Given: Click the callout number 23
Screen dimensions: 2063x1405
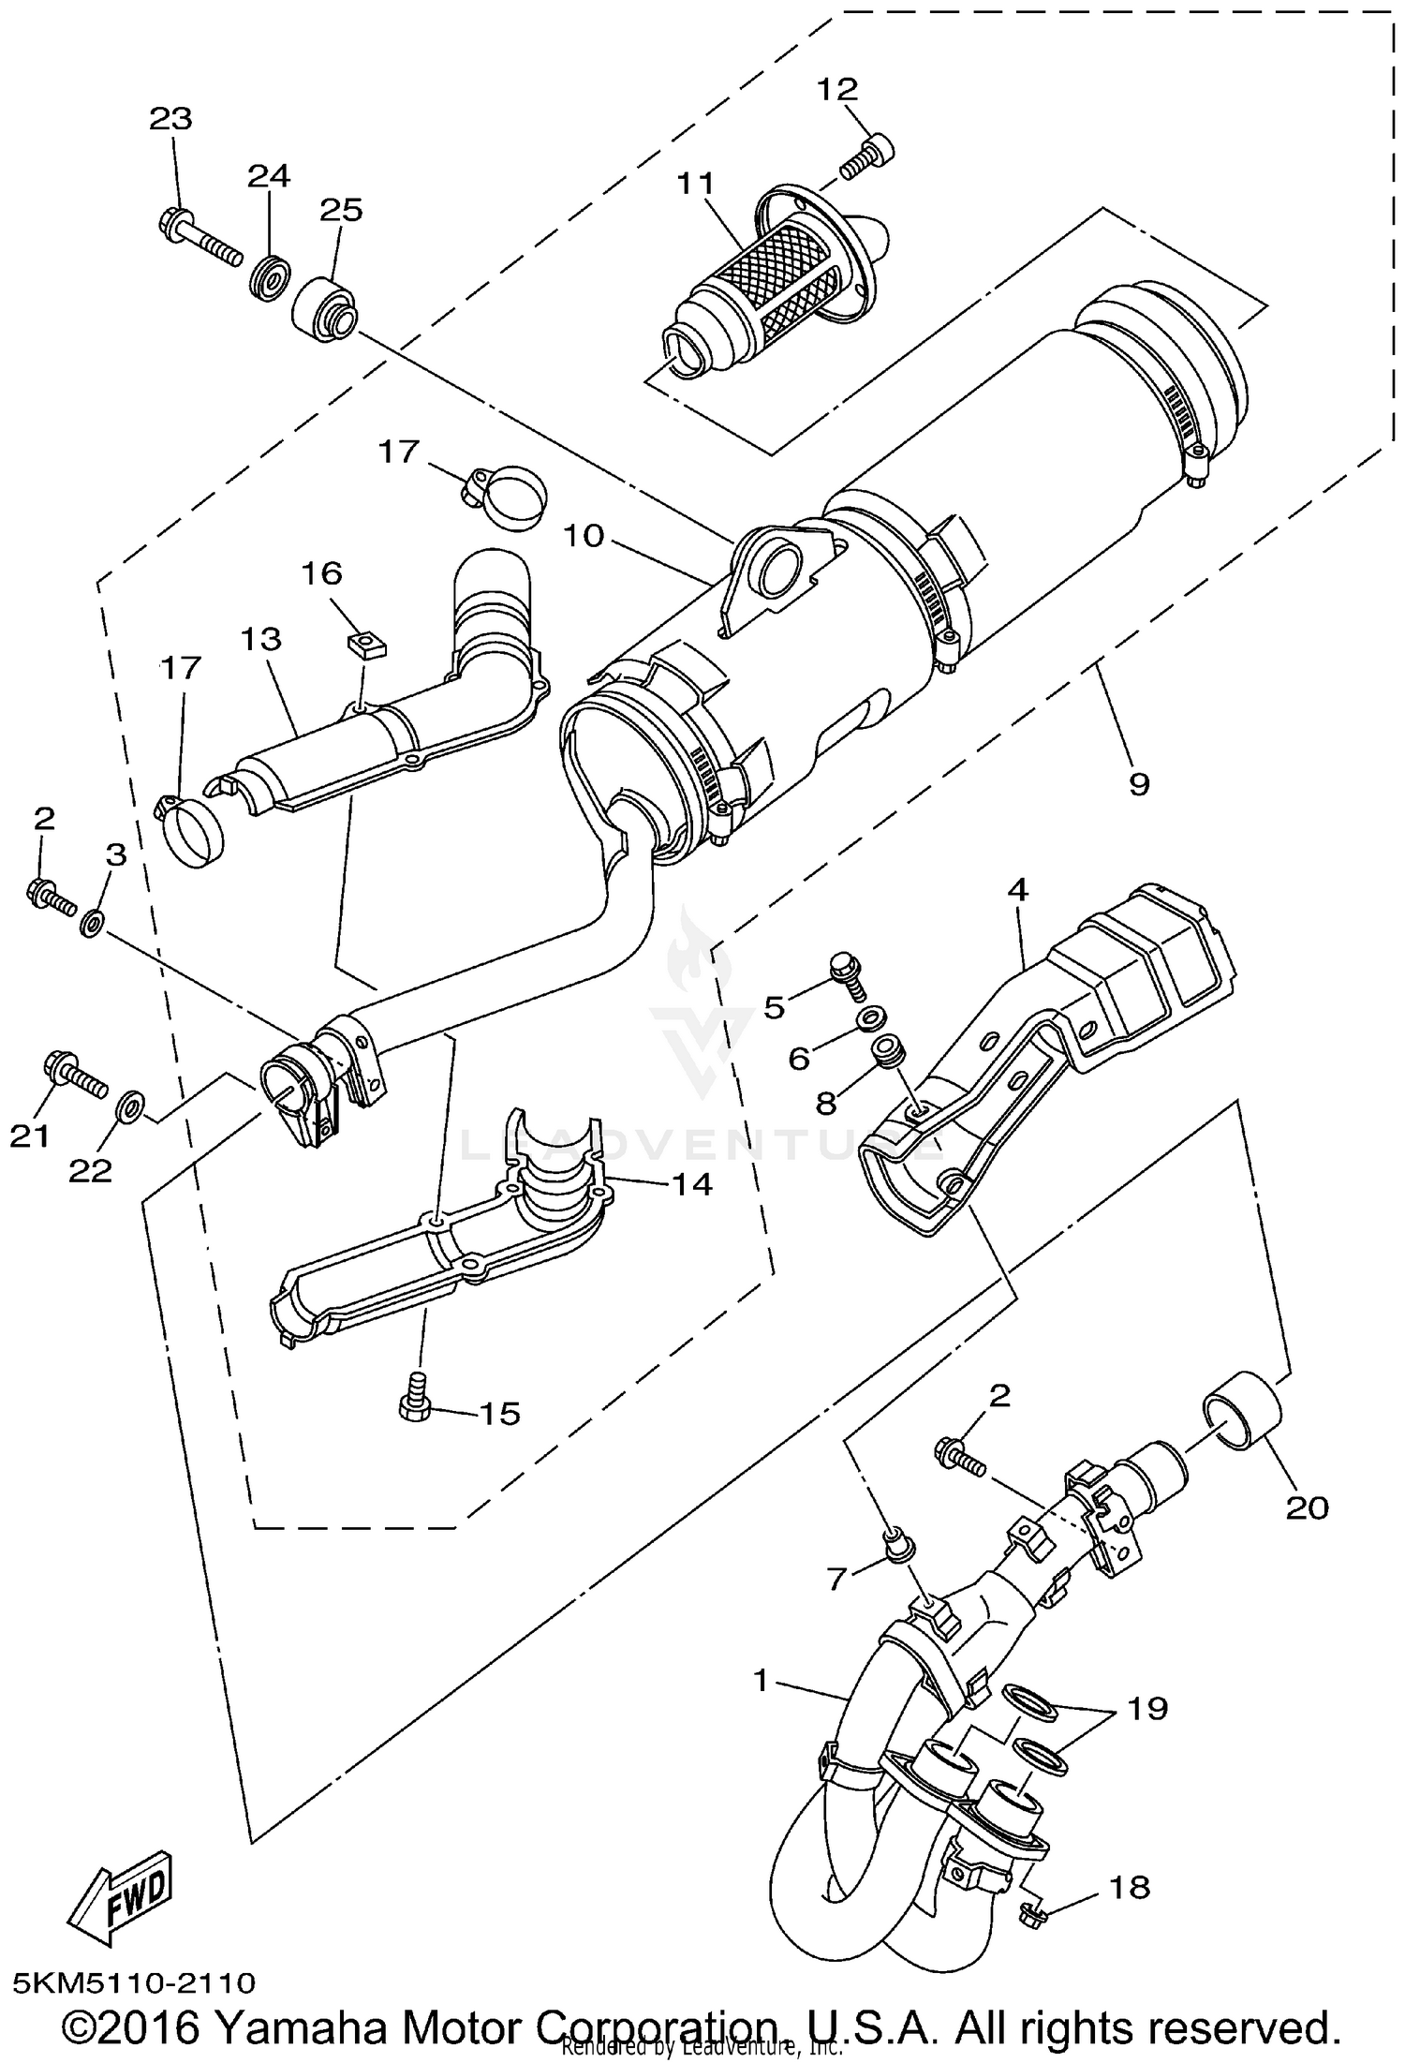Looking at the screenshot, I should click(x=170, y=119).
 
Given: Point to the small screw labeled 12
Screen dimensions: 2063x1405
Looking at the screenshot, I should click(x=867, y=156).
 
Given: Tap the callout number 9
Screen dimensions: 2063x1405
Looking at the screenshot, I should click(x=1138, y=782).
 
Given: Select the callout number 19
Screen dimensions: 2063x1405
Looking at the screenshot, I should click(x=1148, y=1708).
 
